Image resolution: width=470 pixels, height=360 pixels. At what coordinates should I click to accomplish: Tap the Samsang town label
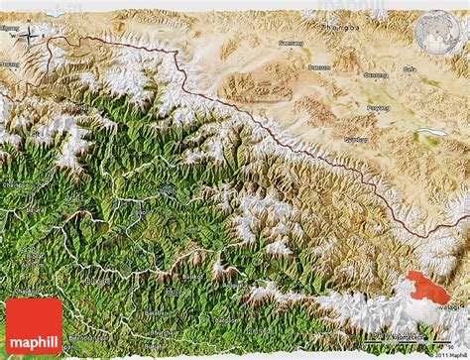click(292, 44)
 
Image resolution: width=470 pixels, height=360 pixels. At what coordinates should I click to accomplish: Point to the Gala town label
click(410, 69)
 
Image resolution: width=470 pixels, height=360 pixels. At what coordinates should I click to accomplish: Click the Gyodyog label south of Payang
click(356, 139)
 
